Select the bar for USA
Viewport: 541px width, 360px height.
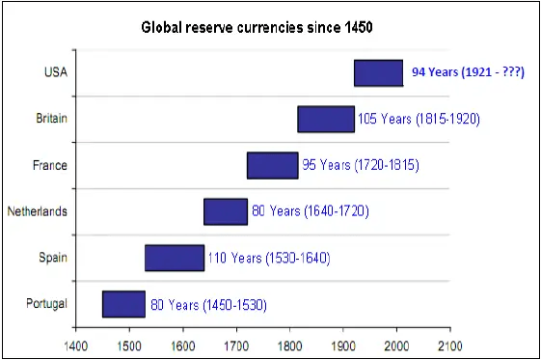coord(378,72)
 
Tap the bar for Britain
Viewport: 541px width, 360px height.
coord(326,119)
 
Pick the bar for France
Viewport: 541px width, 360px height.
coord(273,165)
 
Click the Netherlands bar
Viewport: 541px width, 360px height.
coord(225,210)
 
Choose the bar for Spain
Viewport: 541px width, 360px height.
coord(175,258)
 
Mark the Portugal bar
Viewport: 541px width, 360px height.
coord(123,304)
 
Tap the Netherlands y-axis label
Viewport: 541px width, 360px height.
coord(38,211)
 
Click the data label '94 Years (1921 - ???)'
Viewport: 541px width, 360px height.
coord(468,71)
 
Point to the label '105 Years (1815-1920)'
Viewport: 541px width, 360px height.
coord(418,119)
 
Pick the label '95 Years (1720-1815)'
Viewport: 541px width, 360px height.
coord(361,165)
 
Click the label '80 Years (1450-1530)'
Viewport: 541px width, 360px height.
coord(207,305)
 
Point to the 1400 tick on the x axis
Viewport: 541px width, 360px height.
coord(75,343)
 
